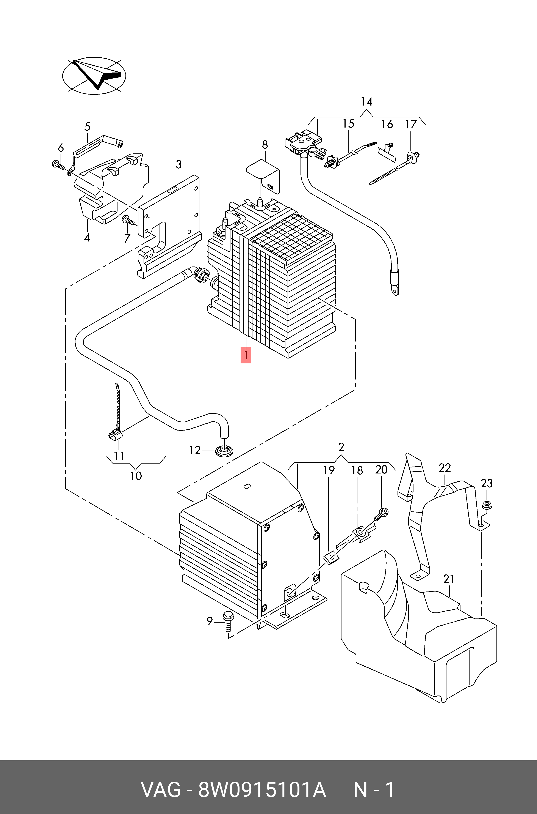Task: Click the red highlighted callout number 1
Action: [x=246, y=355]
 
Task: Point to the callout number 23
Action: [x=486, y=484]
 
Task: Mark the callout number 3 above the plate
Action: [x=178, y=164]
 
